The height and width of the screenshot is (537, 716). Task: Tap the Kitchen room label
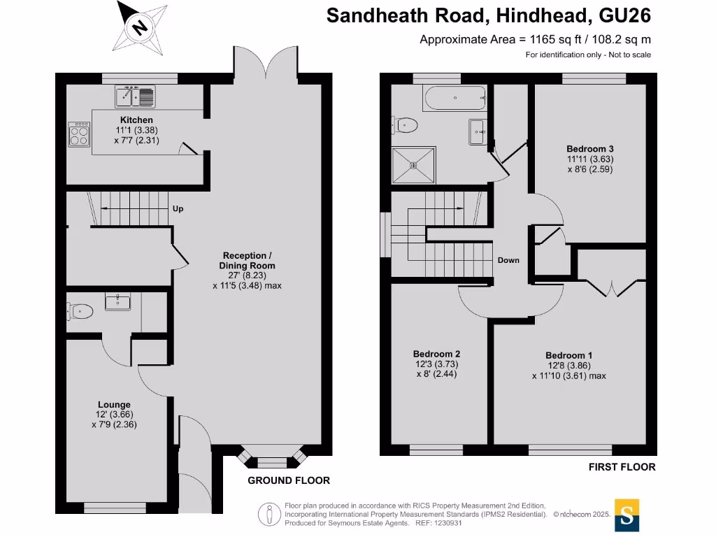(136, 120)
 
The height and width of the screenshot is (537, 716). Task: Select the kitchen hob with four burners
(79, 134)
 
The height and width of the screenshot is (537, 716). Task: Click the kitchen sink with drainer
(137, 95)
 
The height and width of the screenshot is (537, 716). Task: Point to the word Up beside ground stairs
(178, 208)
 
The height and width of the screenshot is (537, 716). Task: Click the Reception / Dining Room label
(248, 260)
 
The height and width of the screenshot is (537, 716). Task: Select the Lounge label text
(114, 404)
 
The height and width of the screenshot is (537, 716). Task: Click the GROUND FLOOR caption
(288, 480)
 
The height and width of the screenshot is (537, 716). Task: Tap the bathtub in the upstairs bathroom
(454, 99)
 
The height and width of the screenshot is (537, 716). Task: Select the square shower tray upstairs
(413, 165)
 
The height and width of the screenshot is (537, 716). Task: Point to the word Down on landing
(508, 260)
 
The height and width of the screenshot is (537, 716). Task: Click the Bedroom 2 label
(436, 354)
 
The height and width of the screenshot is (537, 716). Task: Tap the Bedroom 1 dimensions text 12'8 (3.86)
(568, 365)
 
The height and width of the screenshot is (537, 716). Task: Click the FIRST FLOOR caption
(622, 466)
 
